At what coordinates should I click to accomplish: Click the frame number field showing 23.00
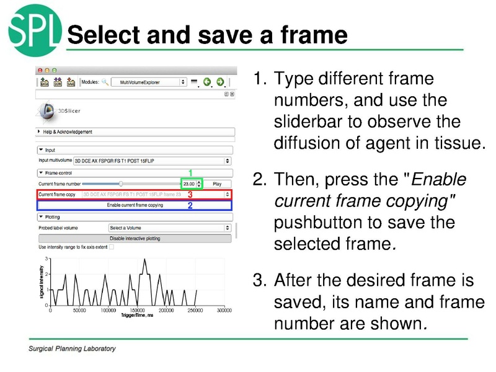coord(189,184)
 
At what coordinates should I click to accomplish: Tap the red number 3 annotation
coord(190,195)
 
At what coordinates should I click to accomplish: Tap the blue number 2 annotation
coord(190,206)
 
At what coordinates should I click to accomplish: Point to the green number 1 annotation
coord(190,173)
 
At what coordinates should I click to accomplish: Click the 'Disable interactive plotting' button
coord(135,238)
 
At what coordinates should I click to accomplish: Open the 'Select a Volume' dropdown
coord(169,228)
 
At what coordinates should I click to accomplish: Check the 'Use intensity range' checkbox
coord(112,247)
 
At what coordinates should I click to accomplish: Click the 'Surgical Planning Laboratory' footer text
coord(72,348)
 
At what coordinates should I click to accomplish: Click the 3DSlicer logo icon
coord(46,110)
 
